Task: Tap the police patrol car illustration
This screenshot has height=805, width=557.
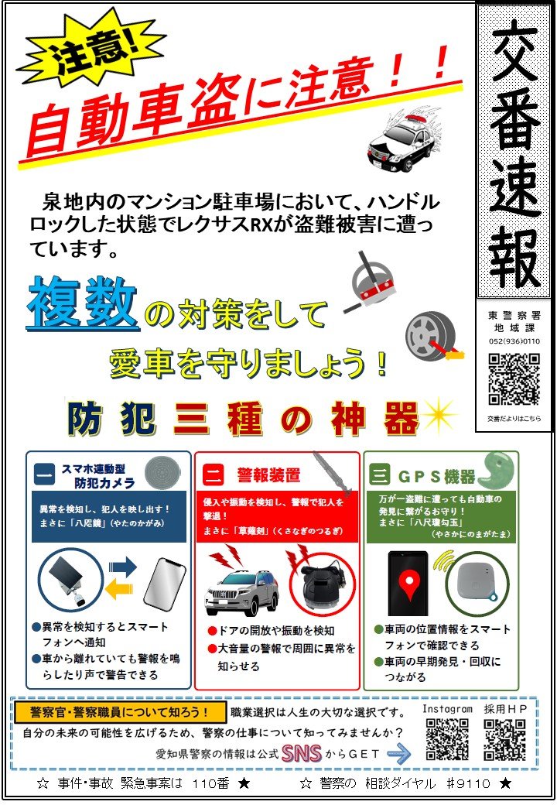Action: click(404, 141)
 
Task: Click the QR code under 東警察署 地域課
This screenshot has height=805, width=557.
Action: click(514, 379)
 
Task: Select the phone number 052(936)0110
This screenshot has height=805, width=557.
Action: click(514, 341)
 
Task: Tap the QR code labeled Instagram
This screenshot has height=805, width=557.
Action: click(446, 739)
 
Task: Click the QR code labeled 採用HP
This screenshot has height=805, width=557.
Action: click(505, 739)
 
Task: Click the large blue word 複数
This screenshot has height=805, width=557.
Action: click(82, 303)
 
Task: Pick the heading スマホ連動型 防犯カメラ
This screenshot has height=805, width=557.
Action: click(98, 475)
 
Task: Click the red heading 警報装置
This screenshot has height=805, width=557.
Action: click(268, 475)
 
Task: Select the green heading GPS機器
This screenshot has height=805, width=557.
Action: click(436, 477)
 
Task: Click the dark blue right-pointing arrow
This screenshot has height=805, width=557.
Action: click(123, 567)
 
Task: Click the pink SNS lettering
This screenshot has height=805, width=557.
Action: click(302, 754)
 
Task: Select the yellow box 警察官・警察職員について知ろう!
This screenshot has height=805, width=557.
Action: click(120, 712)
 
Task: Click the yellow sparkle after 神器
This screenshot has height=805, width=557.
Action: click(439, 415)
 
